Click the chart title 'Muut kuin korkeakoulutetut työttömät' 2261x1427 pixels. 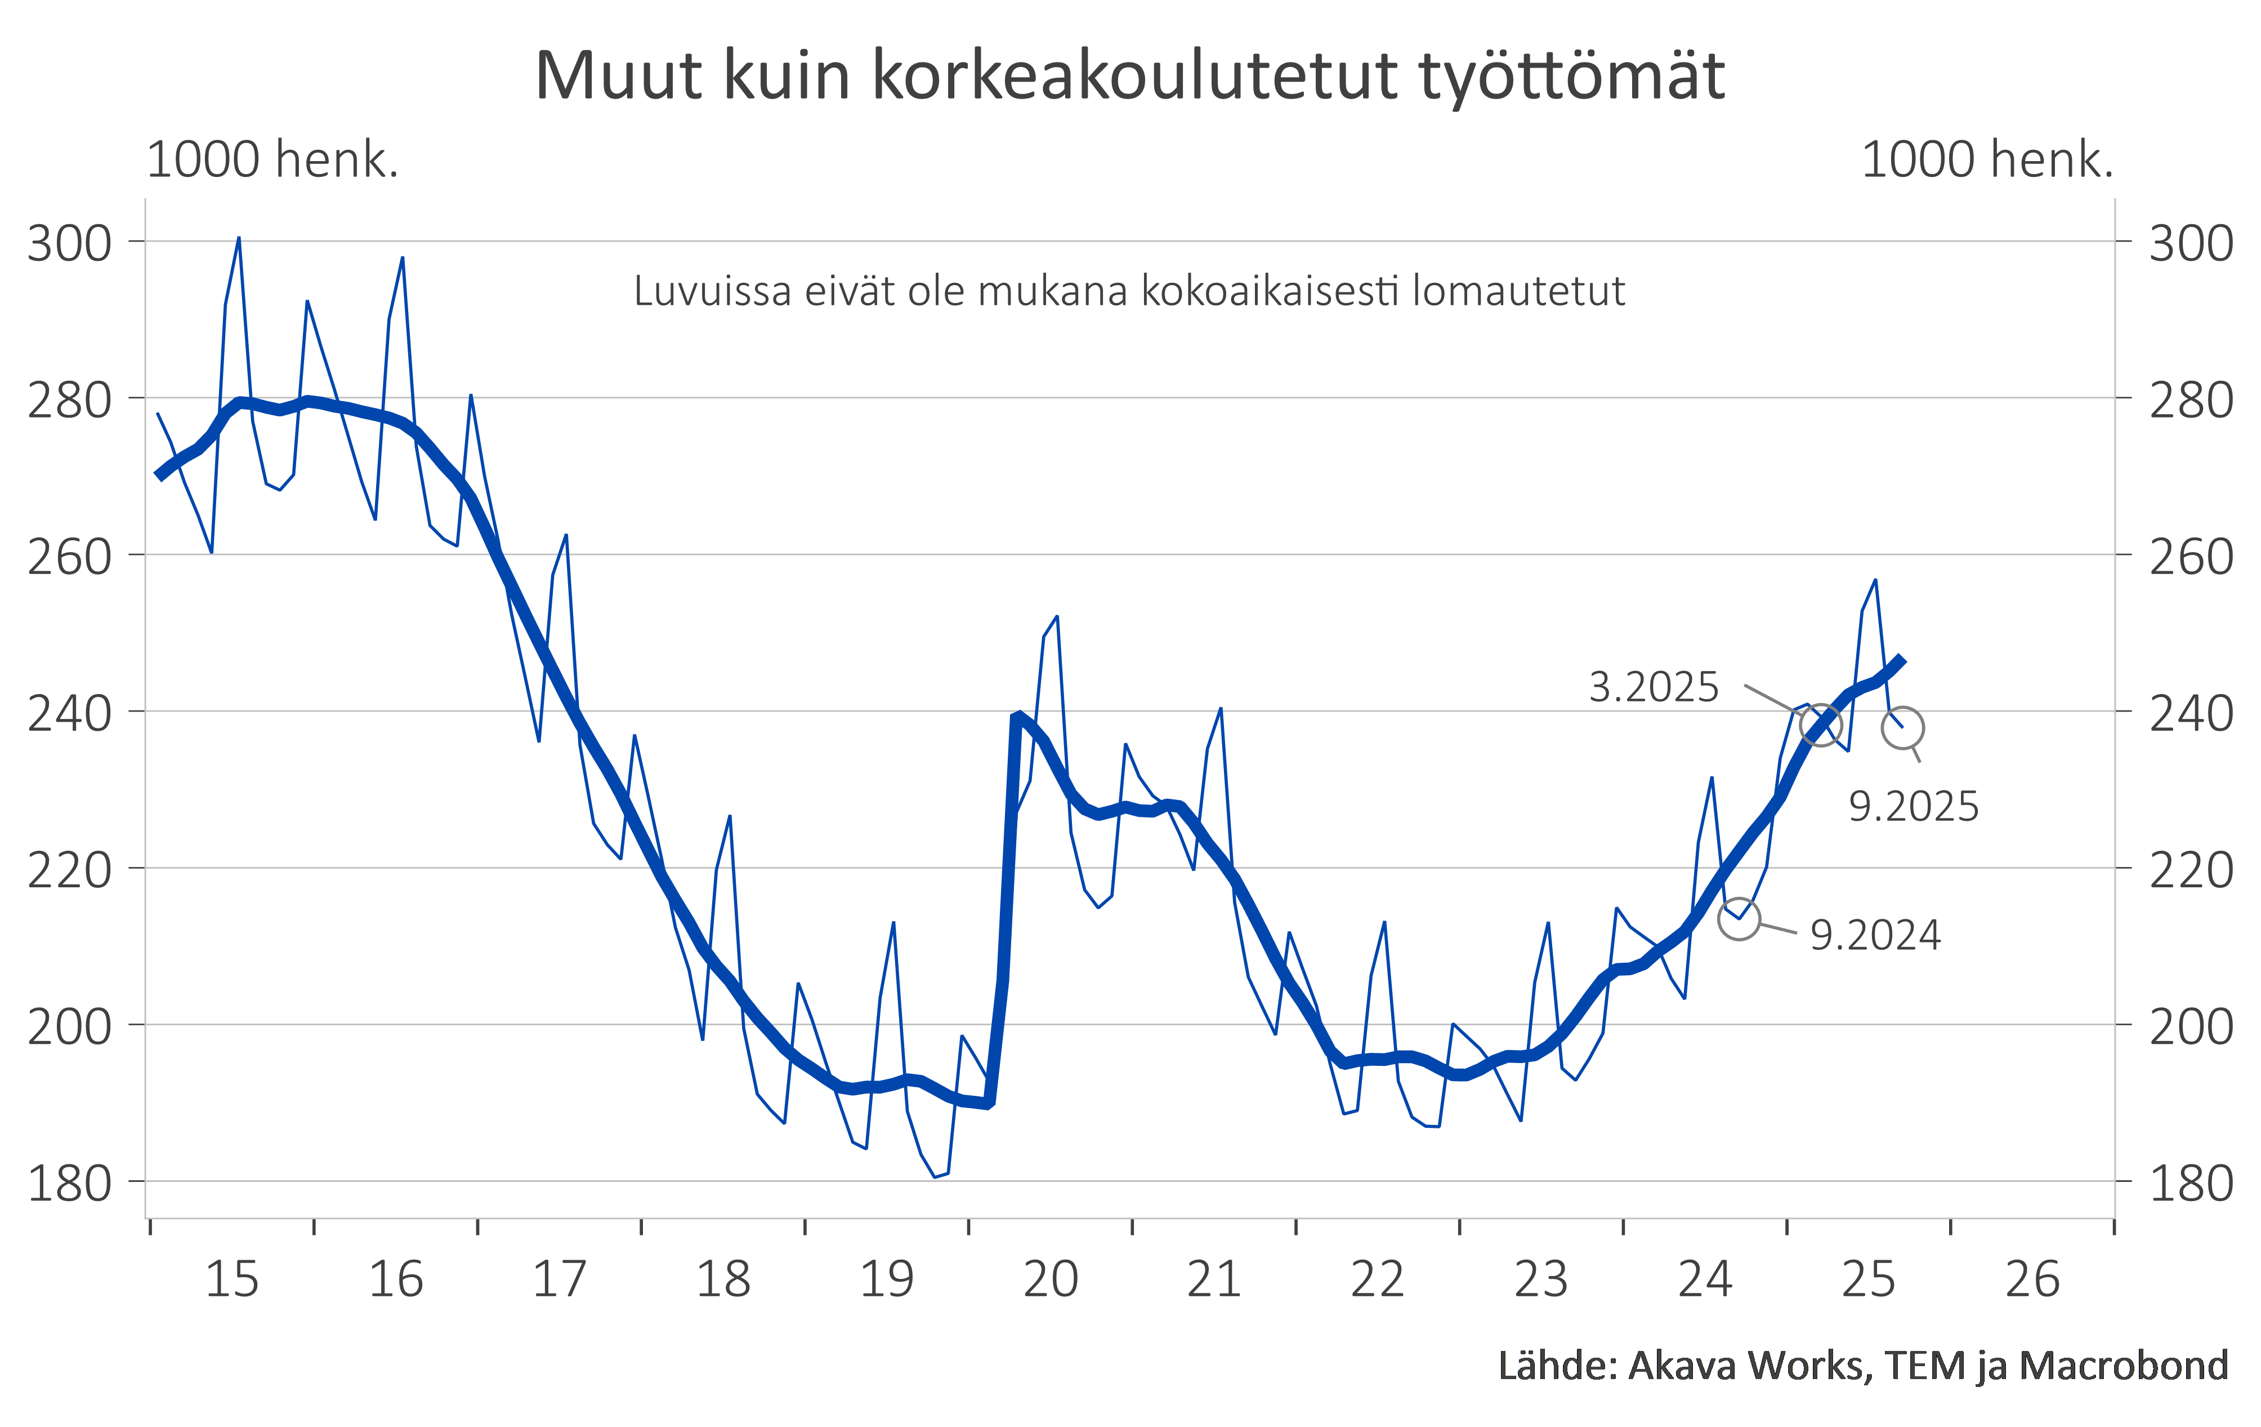click(x=1129, y=75)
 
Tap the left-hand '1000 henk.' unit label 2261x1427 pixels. click(x=272, y=159)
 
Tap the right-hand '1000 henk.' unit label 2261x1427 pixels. click(x=1987, y=159)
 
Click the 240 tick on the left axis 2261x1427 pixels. click(x=69, y=714)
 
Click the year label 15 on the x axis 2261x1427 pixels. click(x=231, y=1279)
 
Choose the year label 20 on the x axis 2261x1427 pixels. click(x=1050, y=1279)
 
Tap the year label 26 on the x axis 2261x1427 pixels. click(x=2032, y=1279)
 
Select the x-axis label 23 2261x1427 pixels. click(x=1541, y=1279)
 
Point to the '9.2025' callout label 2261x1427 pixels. click(x=1914, y=807)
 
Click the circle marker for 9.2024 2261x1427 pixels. click(x=1739, y=919)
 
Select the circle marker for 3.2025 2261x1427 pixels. click(x=1821, y=725)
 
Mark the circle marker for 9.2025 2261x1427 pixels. click(x=1902, y=728)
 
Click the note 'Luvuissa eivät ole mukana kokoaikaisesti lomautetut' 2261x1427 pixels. click(x=1129, y=291)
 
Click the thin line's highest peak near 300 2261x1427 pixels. click(x=239, y=239)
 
